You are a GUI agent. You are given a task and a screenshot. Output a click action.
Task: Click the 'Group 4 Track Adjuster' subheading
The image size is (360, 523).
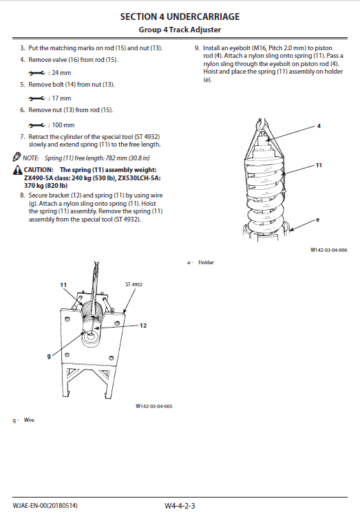coord(180,30)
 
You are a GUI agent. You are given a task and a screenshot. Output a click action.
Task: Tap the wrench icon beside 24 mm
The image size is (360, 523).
coord(36,73)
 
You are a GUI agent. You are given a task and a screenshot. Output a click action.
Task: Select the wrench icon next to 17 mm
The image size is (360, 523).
coord(36,98)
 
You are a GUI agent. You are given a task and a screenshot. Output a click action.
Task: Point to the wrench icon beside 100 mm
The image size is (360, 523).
coord(36,125)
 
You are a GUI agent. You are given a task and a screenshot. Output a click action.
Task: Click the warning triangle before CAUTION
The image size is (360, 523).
coord(17,170)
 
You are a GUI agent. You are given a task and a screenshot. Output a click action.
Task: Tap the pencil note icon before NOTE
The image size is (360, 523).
coord(17,157)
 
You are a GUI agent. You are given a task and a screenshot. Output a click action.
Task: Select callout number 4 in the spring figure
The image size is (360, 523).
coord(319,126)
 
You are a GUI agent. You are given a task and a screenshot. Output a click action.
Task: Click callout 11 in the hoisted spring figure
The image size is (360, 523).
coord(319,165)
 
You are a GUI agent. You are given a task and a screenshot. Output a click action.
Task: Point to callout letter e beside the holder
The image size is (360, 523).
coord(317,220)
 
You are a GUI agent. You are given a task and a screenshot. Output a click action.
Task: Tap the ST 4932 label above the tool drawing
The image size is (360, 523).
coord(134,284)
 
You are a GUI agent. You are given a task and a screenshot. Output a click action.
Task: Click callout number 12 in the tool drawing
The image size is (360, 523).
coord(143,325)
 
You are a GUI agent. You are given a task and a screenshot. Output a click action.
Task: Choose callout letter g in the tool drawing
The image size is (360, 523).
coord(49,356)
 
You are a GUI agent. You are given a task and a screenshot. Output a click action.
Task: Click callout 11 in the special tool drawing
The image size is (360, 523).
coord(63,285)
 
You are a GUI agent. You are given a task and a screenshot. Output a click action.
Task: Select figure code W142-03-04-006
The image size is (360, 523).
coord(328,250)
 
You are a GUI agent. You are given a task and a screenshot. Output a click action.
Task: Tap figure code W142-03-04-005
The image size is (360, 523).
coord(153,406)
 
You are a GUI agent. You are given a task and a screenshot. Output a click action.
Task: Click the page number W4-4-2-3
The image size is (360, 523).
coord(180,506)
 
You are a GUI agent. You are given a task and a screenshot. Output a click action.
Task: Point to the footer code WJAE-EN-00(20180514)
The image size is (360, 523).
coord(45,506)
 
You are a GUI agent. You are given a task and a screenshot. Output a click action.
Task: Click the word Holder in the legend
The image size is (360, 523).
coord(206,262)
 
